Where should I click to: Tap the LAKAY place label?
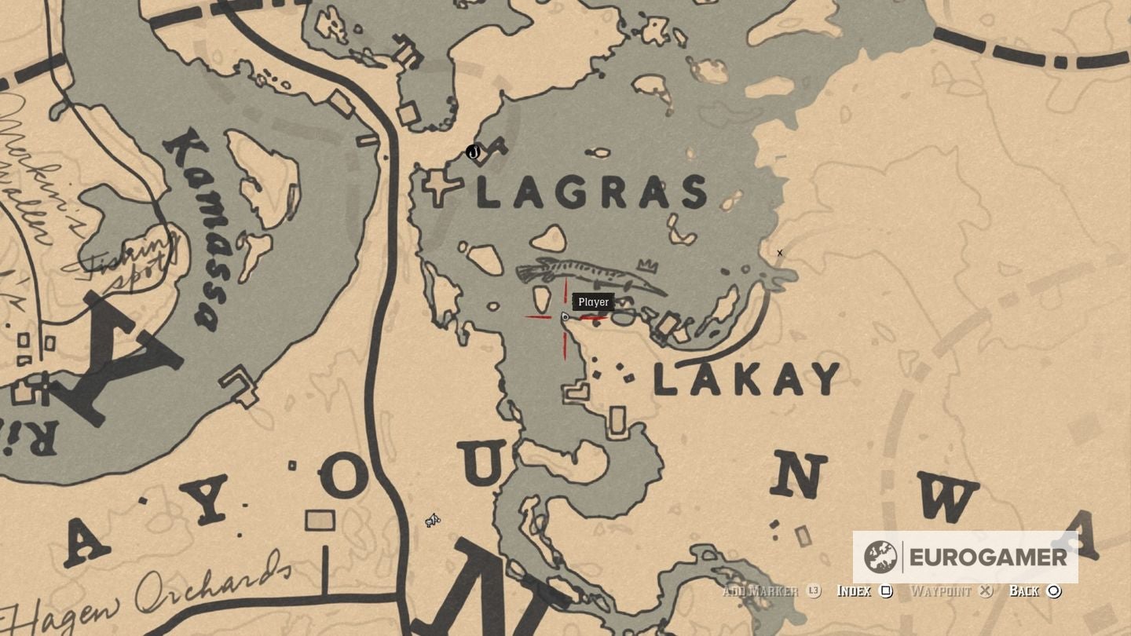click(747, 380)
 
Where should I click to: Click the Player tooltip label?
click(594, 302)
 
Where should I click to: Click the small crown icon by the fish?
click(648, 265)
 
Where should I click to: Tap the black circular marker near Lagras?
click(473, 152)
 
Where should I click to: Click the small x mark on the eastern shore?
click(780, 253)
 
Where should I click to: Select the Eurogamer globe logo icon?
click(880, 557)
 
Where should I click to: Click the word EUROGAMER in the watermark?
click(988, 557)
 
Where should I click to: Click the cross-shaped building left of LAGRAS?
click(441, 188)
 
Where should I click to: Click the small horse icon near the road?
click(433, 520)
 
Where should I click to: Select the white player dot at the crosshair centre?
click(565, 317)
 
